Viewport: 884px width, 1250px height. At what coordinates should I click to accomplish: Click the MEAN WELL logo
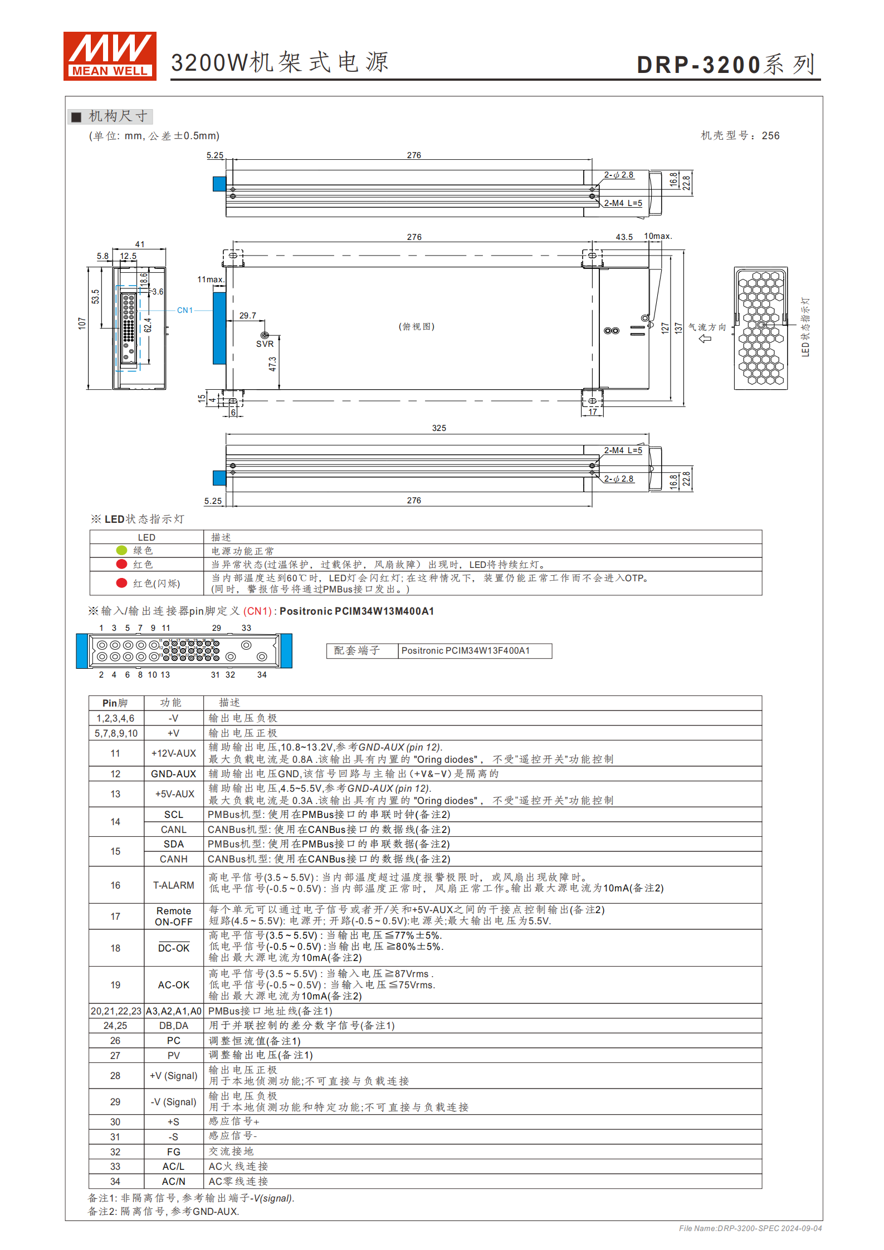pos(110,56)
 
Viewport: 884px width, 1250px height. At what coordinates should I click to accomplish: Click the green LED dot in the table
pos(121,550)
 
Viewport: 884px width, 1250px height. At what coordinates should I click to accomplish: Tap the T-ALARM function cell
pos(174,885)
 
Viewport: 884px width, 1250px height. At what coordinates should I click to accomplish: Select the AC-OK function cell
pos(174,984)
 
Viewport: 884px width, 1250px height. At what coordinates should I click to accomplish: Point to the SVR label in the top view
pos(265,344)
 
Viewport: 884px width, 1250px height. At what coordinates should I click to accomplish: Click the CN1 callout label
pos(185,310)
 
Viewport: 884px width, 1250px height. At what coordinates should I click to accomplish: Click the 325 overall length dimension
pos(439,428)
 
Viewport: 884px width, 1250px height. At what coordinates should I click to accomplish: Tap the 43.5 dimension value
pos(624,237)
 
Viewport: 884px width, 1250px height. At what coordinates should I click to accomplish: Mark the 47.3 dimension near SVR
pos(272,364)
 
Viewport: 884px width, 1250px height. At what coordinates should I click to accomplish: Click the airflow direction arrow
pos(705,338)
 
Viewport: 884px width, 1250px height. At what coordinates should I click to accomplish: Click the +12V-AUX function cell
pos(174,753)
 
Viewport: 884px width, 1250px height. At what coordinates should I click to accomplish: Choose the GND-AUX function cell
pos(174,774)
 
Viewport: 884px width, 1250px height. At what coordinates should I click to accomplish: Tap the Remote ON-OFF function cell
pos(174,916)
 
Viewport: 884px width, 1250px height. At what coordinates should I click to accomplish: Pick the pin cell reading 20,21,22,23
pos(116,1011)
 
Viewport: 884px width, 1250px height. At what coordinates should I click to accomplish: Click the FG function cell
pos(174,1151)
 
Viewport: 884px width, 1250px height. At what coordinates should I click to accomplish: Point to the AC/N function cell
pos(174,1181)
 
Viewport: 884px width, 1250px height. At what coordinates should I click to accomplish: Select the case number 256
pos(770,136)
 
